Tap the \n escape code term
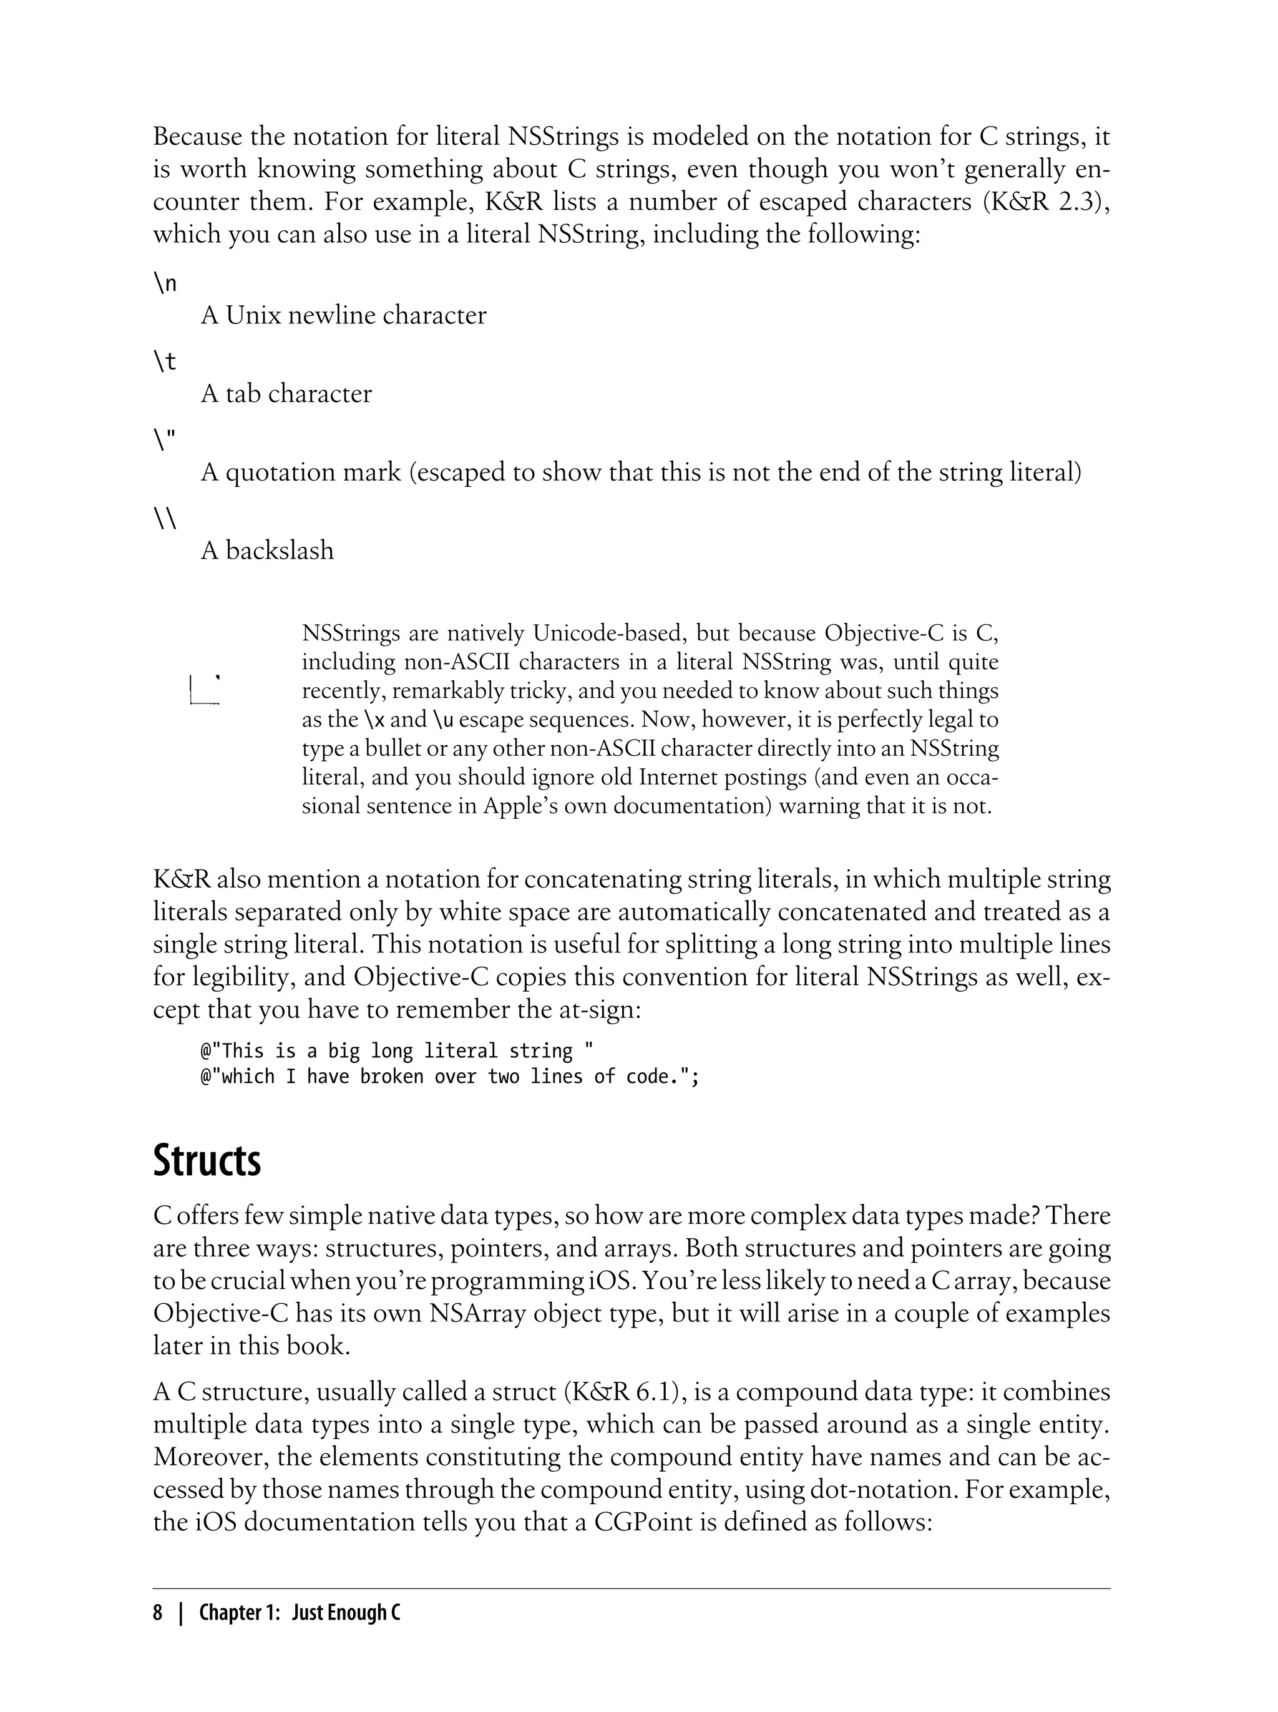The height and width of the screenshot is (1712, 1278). coord(165,283)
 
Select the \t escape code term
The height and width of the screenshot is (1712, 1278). coord(165,361)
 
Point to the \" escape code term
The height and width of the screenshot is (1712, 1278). coord(165,439)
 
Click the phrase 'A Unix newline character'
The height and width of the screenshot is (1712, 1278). coord(343,316)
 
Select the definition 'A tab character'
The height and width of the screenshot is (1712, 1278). coord(286,394)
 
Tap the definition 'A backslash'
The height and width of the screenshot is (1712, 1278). coord(267,551)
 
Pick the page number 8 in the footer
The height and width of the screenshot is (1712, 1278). coord(158,1612)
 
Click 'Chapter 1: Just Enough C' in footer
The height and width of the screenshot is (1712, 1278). coord(300,1612)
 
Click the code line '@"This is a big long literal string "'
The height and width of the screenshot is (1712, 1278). coord(397,1050)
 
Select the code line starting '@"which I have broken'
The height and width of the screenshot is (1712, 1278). coord(449,1077)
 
